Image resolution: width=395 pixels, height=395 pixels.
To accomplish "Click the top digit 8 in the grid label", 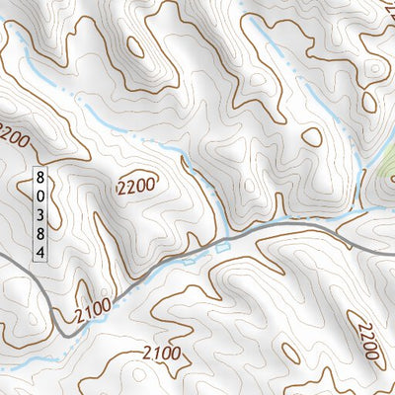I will (x=39, y=179).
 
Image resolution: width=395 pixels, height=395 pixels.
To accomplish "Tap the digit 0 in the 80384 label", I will (x=39, y=197).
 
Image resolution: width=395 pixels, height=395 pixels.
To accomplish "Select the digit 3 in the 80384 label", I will (x=39, y=215).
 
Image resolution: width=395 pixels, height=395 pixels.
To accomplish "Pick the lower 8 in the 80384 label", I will (x=39, y=234).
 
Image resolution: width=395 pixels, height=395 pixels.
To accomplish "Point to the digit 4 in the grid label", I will (x=39, y=252).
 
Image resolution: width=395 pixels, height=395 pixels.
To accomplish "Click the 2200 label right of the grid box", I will (x=136, y=186).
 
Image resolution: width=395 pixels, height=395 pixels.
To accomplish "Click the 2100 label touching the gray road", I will (x=92, y=313).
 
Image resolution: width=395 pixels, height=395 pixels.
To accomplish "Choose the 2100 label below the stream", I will (x=161, y=353).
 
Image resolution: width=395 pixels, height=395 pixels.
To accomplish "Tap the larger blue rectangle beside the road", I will (x=220, y=245).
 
